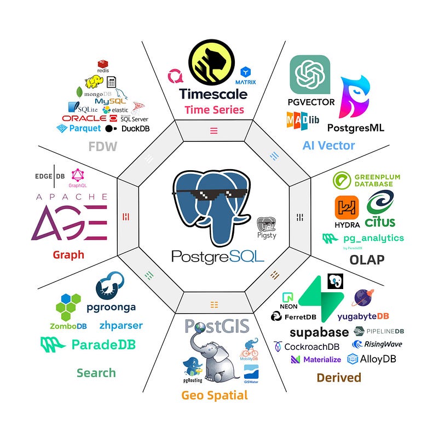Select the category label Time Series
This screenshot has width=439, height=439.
point(214,109)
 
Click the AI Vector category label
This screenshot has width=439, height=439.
point(328,146)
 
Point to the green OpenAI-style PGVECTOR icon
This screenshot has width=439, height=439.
point(310,74)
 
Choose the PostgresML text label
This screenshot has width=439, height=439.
point(355,128)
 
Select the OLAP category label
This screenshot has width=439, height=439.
point(367,259)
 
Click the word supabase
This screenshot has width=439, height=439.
point(319,332)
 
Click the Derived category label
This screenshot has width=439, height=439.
point(339,377)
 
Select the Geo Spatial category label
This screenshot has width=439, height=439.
point(215,395)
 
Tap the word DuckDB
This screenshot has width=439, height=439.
point(135,129)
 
